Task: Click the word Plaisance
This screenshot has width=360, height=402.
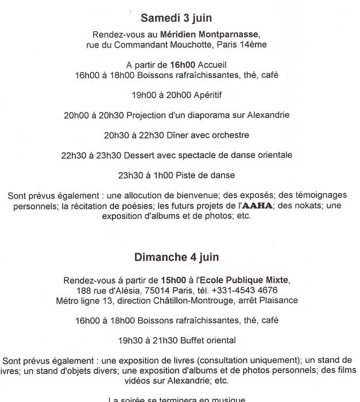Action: pos(278,300)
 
